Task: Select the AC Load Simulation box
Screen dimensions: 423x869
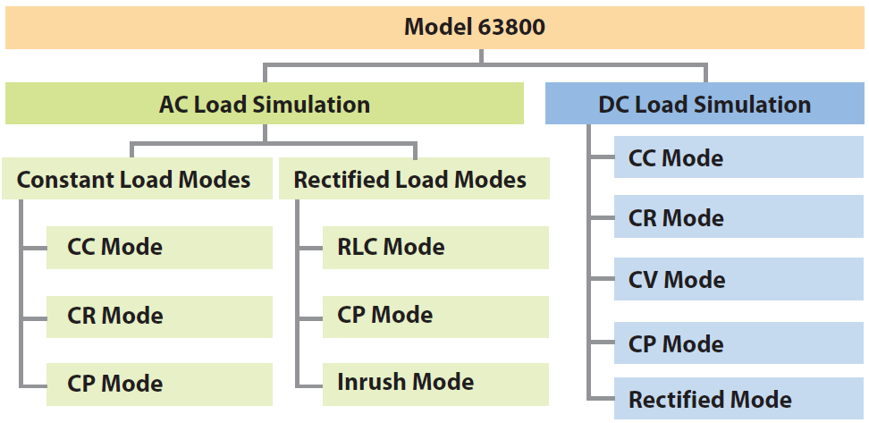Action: tap(265, 104)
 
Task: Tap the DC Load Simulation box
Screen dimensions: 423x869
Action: tap(704, 105)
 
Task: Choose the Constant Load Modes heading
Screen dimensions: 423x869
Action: tap(134, 180)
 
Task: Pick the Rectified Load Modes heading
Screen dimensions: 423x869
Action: tap(410, 180)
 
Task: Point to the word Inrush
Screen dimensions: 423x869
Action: tap(367, 382)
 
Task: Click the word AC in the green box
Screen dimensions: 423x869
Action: tap(173, 104)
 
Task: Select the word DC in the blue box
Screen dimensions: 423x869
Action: tap(613, 105)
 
